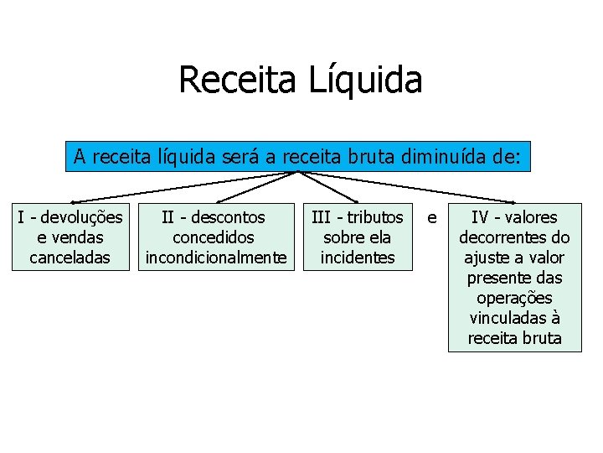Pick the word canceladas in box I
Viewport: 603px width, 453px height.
pyautogui.click(x=70, y=258)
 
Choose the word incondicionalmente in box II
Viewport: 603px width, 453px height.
pyautogui.click(x=216, y=258)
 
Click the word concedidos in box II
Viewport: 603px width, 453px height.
pyautogui.click(x=216, y=237)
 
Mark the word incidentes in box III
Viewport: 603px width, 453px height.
pyautogui.click(x=358, y=258)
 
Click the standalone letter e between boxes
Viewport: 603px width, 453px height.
pyautogui.click(x=431, y=218)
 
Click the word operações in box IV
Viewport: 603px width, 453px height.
pyautogui.click(x=514, y=298)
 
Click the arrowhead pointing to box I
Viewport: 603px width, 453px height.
pyautogui.click(x=73, y=201)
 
